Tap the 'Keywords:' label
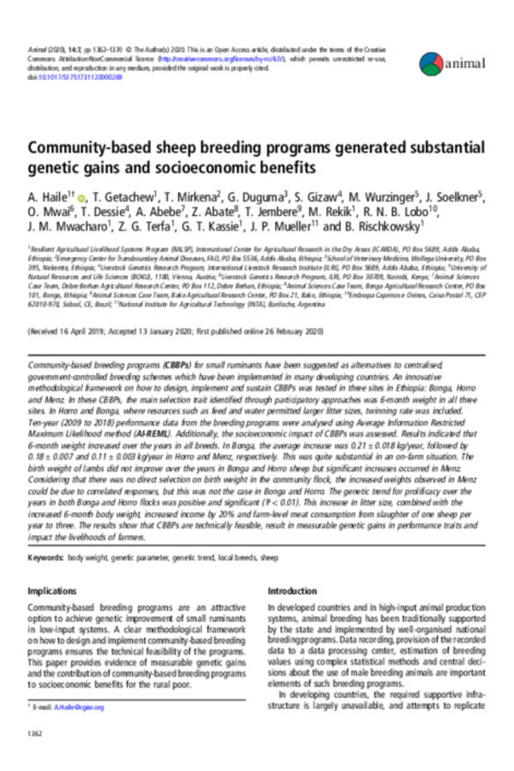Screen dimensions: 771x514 (x=45, y=558)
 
